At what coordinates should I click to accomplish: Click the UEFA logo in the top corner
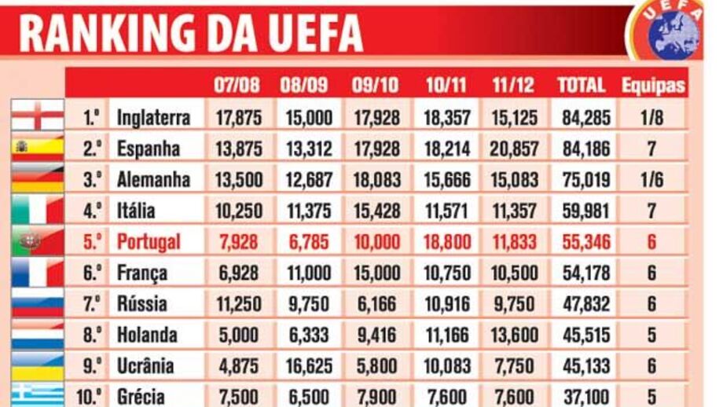click(x=673, y=31)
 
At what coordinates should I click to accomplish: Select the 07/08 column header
click(x=236, y=86)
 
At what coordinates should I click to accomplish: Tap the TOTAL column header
click(x=582, y=86)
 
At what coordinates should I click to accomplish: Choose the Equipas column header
click(x=653, y=86)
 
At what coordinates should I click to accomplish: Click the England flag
click(x=37, y=116)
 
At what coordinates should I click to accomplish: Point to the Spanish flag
click(x=37, y=148)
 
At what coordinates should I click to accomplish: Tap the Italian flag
click(x=37, y=211)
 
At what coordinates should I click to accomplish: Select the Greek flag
click(x=37, y=394)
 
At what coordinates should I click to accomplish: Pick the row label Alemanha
click(x=153, y=179)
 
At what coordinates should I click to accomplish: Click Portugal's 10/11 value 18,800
click(x=447, y=242)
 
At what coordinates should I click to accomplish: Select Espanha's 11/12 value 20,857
click(x=515, y=148)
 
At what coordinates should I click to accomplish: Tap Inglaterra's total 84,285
click(x=585, y=118)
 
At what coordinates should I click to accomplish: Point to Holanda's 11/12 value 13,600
click(x=515, y=335)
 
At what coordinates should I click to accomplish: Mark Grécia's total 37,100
click(x=585, y=396)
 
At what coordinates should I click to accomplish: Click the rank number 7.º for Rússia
click(x=93, y=303)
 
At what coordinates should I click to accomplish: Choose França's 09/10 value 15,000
click(x=376, y=273)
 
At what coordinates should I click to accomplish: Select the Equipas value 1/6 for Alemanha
click(x=651, y=180)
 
